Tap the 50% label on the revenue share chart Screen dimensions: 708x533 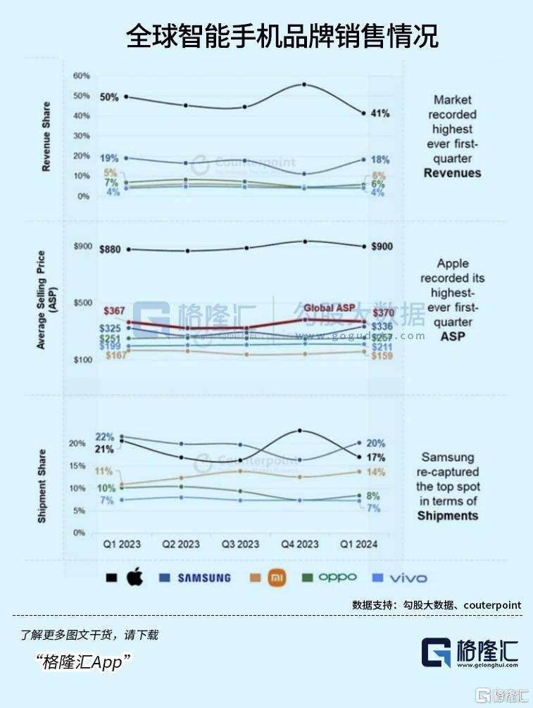pyautogui.click(x=108, y=96)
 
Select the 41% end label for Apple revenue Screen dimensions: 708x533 pyautogui.click(x=380, y=113)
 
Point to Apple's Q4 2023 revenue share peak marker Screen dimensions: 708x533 pyautogui.click(x=303, y=84)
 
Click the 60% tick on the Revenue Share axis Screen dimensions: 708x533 pyautogui.click(x=82, y=76)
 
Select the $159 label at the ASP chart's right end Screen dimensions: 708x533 pyautogui.click(x=382, y=355)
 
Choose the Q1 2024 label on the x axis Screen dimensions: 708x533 pyautogui.click(x=359, y=544)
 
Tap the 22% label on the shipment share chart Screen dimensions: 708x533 pyautogui.click(x=105, y=437)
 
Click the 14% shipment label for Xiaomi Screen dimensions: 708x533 pyautogui.click(x=376, y=472)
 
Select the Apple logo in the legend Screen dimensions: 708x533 pyautogui.click(x=134, y=578)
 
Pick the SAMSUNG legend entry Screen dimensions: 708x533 pyautogui.click(x=203, y=578)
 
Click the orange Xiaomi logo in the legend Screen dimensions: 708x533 pyautogui.click(x=277, y=578)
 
